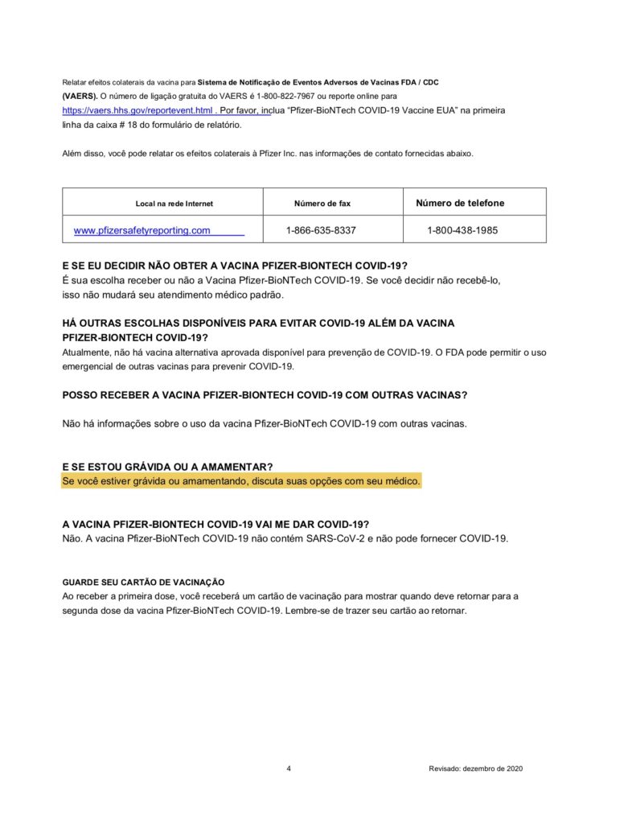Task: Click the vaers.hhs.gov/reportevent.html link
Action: [137, 110]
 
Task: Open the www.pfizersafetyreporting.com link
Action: [142, 230]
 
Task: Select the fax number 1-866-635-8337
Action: [321, 230]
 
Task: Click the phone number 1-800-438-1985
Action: [462, 230]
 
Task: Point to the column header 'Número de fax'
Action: [322, 204]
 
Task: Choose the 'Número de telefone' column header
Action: [460, 203]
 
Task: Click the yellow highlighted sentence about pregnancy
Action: [241, 481]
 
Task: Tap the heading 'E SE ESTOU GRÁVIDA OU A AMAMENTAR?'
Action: [167, 467]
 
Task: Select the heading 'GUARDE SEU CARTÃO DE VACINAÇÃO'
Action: [143, 582]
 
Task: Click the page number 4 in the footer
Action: [289, 768]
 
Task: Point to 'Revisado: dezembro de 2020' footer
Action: [476, 768]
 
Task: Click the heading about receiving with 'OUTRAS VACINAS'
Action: [265, 395]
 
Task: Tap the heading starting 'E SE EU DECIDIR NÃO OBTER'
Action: [235, 266]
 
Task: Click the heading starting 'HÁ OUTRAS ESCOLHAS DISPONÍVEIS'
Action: [258, 323]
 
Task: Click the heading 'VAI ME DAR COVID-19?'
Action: [215, 524]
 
